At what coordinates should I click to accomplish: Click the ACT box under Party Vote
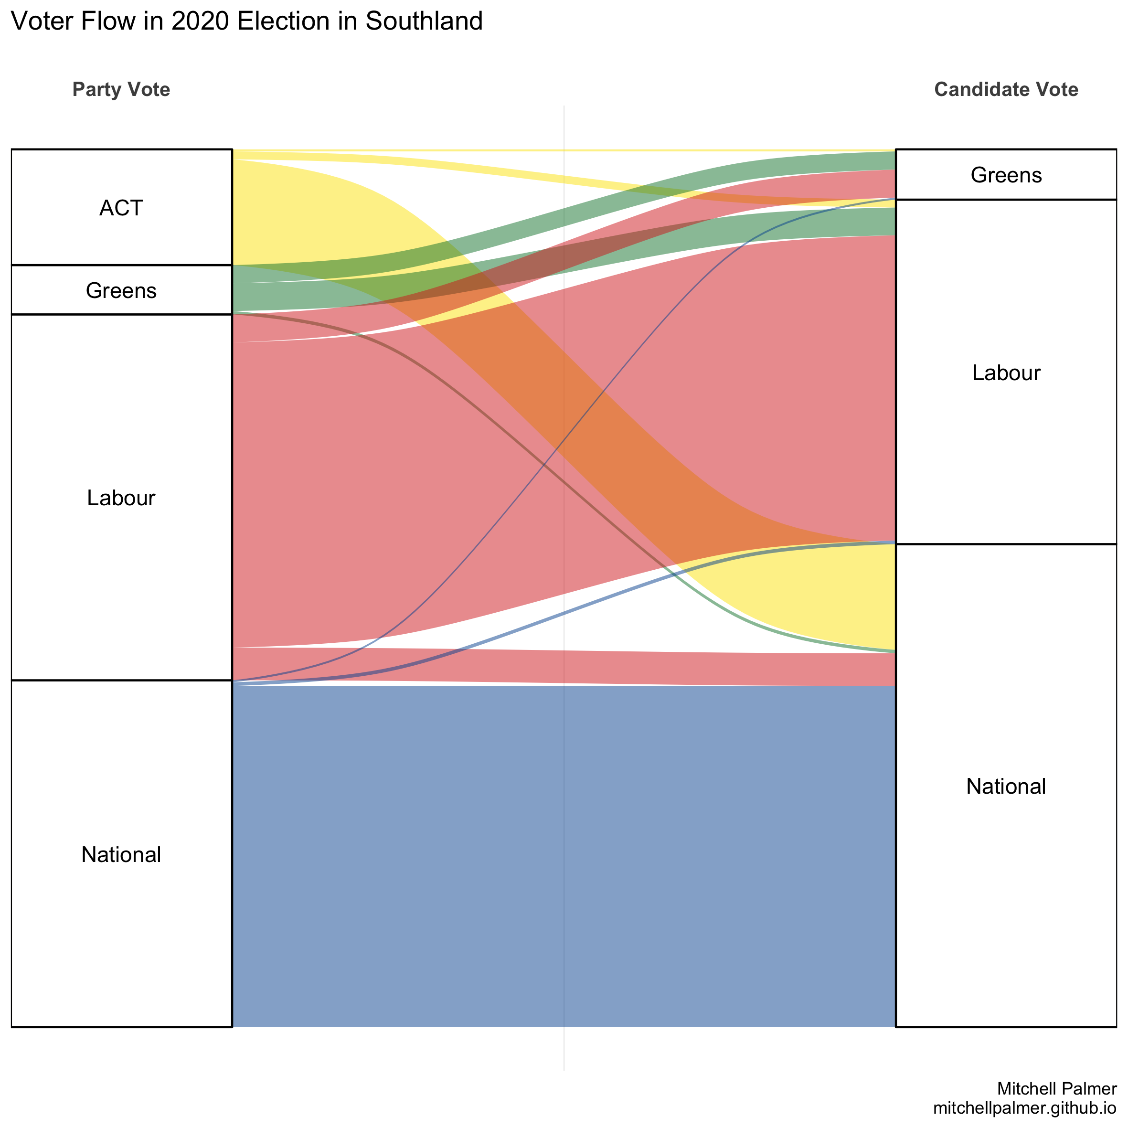pyautogui.click(x=121, y=208)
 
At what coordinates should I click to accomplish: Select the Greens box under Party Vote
pyautogui.click(x=121, y=290)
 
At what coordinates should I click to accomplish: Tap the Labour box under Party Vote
pyautogui.click(x=121, y=498)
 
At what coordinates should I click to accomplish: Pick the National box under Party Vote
pyautogui.click(x=121, y=854)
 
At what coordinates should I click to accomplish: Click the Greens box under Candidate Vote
pyautogui.click(x=1006, y=175)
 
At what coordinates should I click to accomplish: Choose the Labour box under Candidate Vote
pyautogui.click(x=1006, y=372)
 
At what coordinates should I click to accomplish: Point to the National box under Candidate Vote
pyautogui.click(x=1006, y=787)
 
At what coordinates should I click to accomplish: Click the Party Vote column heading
pyautogui.click(x=121, y=89)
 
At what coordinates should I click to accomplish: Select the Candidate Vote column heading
pyautogui.click(x=1006, y=89)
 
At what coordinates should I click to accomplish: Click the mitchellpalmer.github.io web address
pyautogui.click(x=1025, y=1107)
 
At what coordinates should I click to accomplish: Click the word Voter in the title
pyautogui.click(x=42, y=21)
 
